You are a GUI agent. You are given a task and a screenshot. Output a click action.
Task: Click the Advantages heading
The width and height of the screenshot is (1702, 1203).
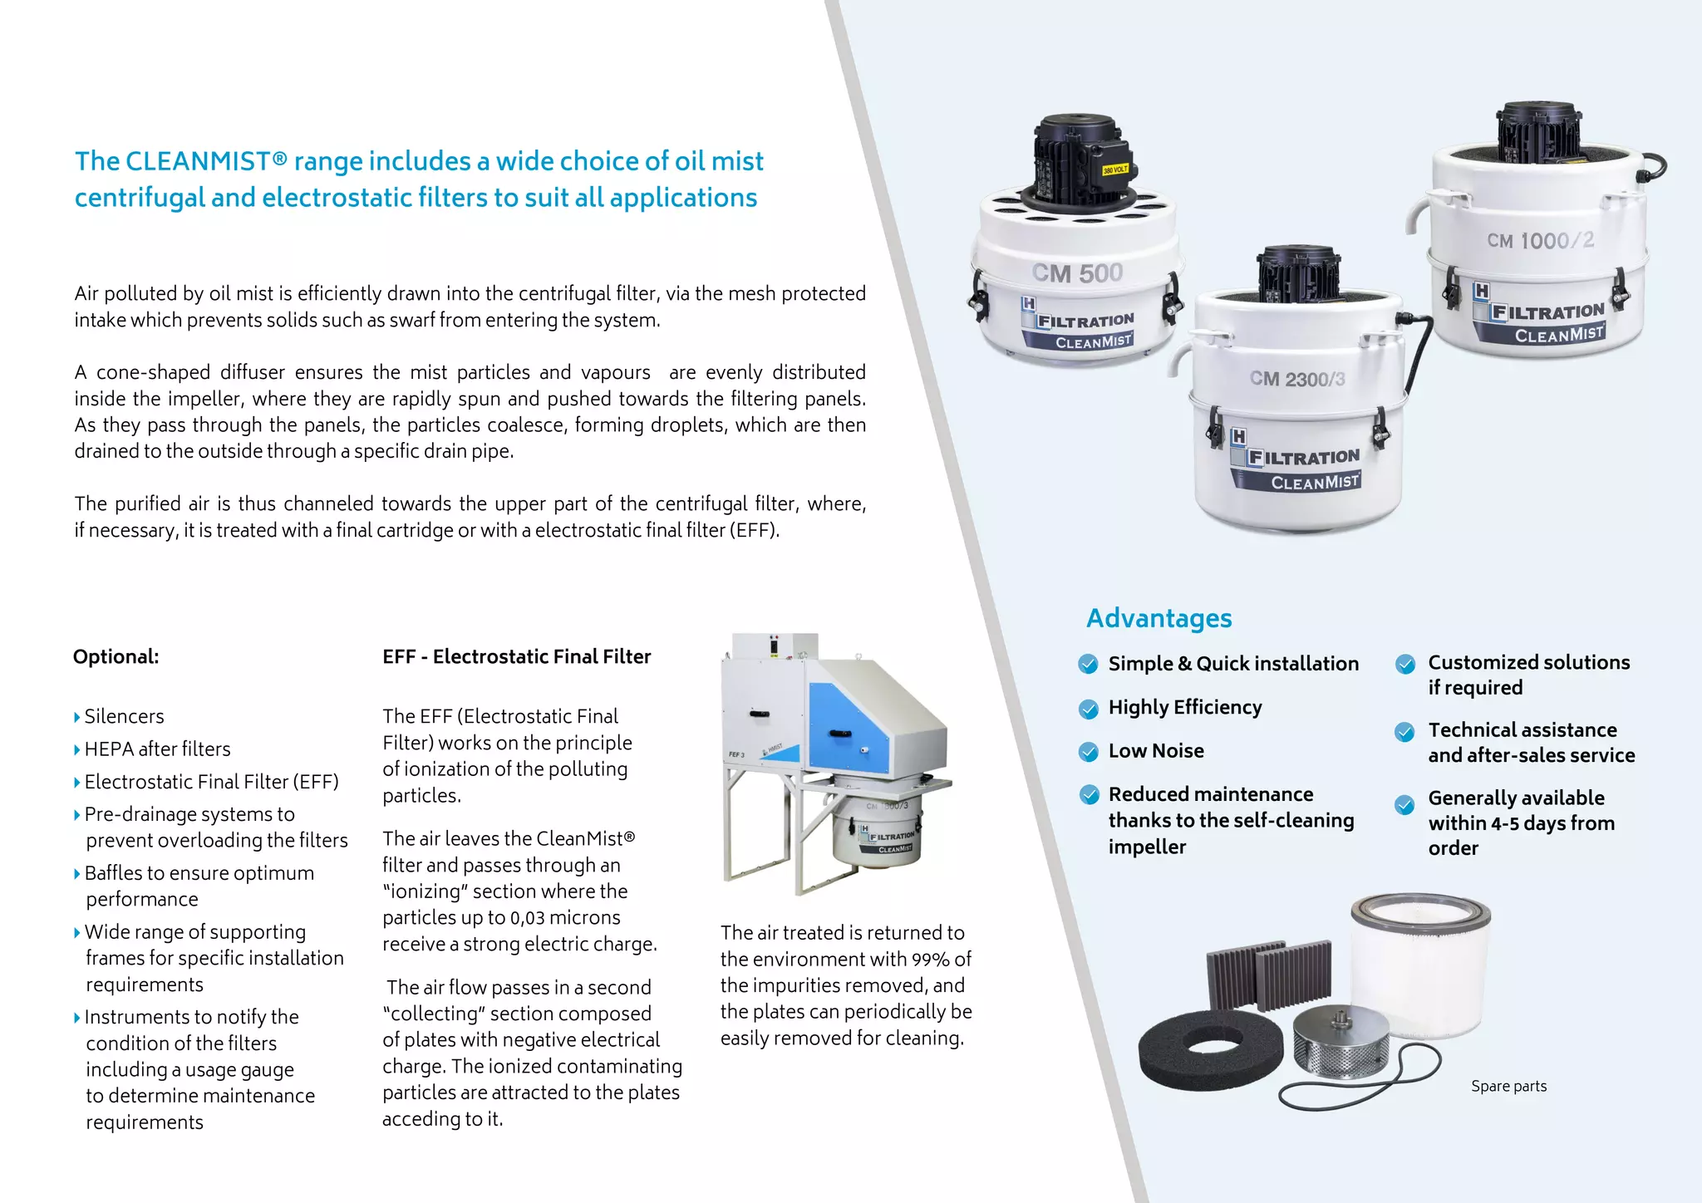pos(1158,618)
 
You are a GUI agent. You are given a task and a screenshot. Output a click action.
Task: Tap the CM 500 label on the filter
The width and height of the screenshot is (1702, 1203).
pos(1077,273)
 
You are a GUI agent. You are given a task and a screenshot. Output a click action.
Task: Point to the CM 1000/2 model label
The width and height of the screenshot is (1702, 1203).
pos(1540,241)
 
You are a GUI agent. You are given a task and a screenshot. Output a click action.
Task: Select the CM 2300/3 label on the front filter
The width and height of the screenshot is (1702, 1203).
pos(1296,379)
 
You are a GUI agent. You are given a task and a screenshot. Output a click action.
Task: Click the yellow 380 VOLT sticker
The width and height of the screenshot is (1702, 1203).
pos(1114,169)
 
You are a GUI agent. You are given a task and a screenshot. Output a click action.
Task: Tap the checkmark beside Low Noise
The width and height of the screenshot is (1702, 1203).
pos(1088,752)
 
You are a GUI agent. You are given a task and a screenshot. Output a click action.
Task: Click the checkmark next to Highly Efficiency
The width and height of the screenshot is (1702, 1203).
pos(1088,709)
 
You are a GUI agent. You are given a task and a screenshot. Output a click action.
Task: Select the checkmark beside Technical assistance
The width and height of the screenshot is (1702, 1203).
pos(1404,732)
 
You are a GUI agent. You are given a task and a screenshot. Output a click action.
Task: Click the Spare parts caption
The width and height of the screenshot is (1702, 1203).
pos(1508,1086)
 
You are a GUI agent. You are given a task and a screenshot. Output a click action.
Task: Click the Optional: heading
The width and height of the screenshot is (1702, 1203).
pos(116,656)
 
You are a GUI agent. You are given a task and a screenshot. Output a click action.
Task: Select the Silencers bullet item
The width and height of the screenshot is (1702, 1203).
pos(124,716)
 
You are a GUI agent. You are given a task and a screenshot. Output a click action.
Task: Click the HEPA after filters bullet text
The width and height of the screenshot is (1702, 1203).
pos(157,749)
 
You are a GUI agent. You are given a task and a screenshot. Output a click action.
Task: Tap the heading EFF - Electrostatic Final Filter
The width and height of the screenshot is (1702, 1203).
pos(516,656)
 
